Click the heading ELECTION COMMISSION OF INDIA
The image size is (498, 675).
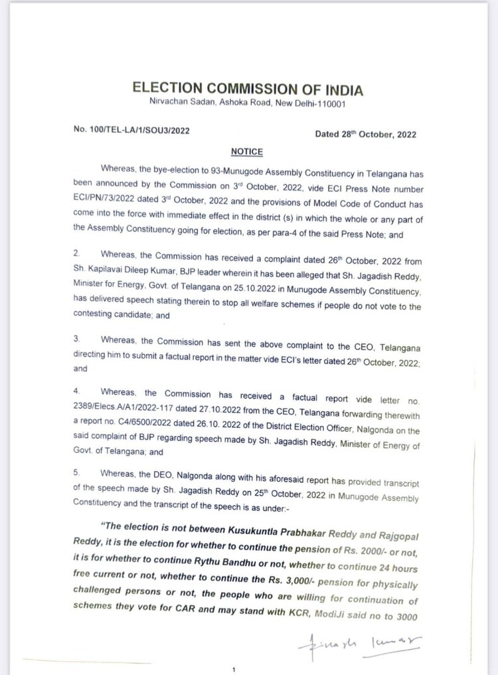click(x=248, y=89)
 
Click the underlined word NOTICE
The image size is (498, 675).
click(x=246, y=151)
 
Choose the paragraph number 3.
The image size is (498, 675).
click(x=76, y=339)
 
